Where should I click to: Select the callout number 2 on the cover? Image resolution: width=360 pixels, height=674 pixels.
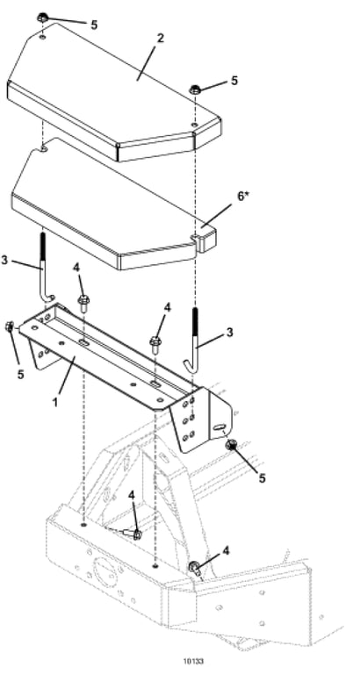tap(161, 38)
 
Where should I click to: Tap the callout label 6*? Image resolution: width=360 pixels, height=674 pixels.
tap(243, 197)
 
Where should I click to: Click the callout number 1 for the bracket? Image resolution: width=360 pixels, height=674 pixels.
tap(55, 404)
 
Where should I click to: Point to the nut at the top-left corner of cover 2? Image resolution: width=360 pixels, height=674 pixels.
tap(42, 18)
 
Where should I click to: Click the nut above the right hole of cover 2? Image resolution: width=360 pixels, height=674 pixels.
tap(195, 90)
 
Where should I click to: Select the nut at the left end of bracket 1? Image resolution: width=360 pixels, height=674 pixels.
tap(9, 327)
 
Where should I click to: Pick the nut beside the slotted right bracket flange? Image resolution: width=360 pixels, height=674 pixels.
tap(232, 445)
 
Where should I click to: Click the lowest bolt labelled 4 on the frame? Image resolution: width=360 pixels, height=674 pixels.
tap(194, 569)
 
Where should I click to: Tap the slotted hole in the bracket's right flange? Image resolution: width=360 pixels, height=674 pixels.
tap(220, 427)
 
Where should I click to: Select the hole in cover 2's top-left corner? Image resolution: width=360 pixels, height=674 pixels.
tap(42, 38)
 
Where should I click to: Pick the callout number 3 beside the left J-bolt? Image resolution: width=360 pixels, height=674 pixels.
tap(4, 260)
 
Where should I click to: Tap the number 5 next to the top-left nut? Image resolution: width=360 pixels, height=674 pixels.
tap(94, 25)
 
